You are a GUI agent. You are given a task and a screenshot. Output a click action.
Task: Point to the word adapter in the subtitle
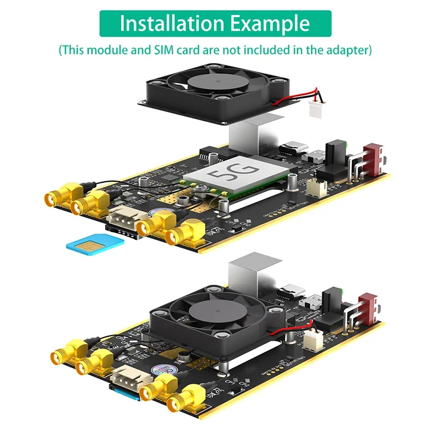pyautogui.click(x=344, y=50)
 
